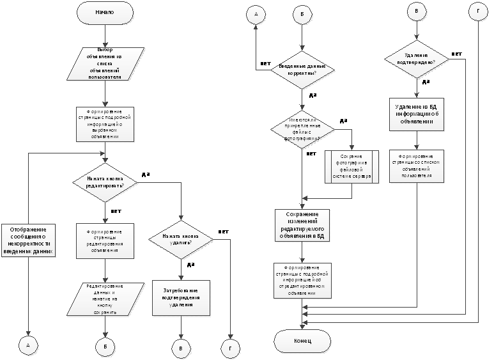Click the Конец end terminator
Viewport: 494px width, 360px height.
click(302, 340)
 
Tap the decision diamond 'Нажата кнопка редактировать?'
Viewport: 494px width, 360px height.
click(104, 180)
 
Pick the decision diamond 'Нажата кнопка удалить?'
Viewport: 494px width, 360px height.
click(181, 240)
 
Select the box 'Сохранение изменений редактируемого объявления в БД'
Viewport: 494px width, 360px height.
click(302, 226)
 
